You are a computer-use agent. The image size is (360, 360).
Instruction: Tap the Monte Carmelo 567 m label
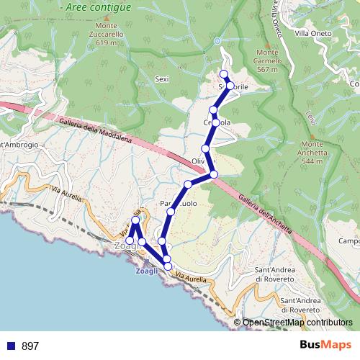pos(267,60)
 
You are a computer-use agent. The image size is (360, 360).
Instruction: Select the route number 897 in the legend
pos(30,346)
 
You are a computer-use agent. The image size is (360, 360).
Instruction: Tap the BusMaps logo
pos(325,346)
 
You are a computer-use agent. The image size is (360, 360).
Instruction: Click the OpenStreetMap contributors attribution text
pos(297,323)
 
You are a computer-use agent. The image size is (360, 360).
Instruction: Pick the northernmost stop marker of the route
pos(224,74)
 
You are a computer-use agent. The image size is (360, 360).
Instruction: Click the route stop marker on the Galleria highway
pos(214,174)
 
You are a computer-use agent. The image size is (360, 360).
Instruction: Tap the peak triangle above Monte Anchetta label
pos(312,135)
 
